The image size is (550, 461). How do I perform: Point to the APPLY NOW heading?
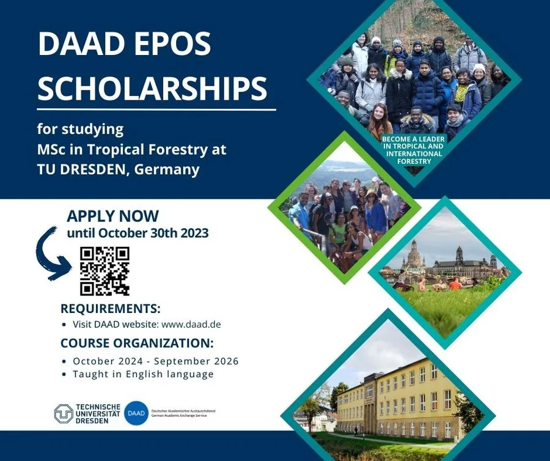coord(112,216)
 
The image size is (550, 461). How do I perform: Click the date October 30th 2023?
coord(153,233)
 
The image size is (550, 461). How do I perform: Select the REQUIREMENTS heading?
coord(110,308)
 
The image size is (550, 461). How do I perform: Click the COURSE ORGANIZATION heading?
coord(137,342)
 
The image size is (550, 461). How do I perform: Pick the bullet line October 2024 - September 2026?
coord(155,361)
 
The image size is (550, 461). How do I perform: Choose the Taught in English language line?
coord(143,374)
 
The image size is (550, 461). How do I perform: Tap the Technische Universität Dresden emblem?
coord(64,414)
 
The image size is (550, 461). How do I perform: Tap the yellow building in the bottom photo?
coord(397,398)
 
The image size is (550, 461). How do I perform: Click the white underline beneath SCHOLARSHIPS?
coord(156,110)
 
